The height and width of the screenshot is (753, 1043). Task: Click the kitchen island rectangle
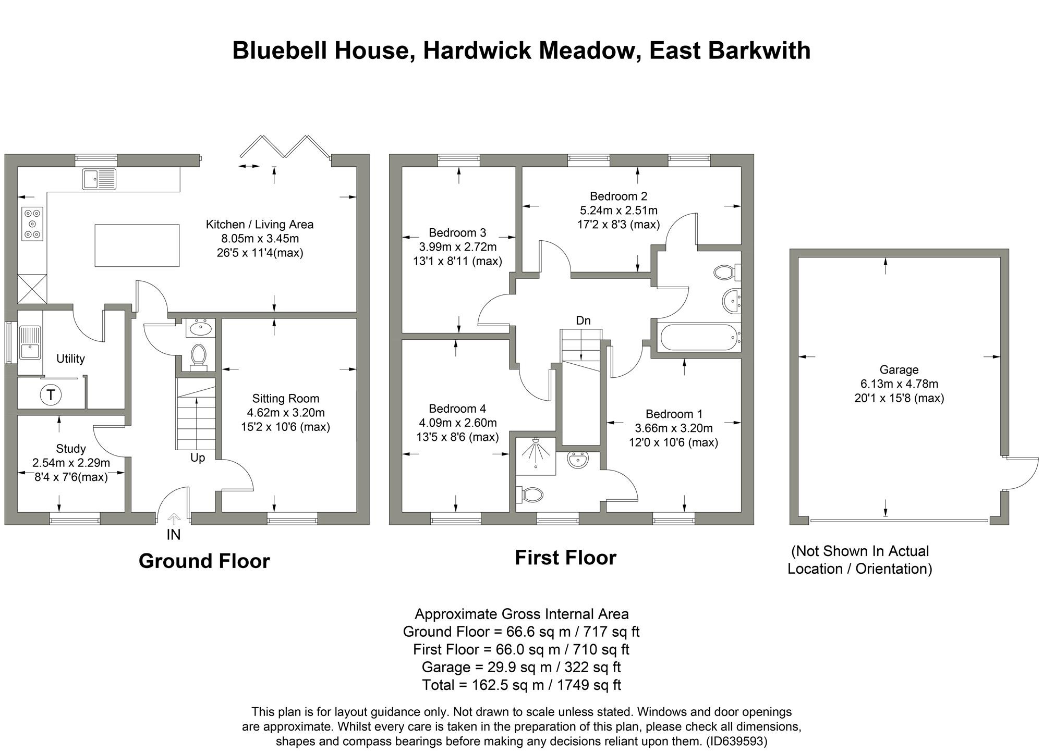pos(137,245)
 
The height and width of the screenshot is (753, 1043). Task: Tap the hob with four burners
pos(32,224)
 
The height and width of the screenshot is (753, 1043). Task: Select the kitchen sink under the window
pos(99,179)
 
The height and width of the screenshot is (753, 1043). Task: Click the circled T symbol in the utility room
pos(51,395)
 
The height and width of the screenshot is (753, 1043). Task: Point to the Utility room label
pos(70,359)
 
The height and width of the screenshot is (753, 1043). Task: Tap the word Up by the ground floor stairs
pos(198,458)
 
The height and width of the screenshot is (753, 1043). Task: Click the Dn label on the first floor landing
pos(583,320)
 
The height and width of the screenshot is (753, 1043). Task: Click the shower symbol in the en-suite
pos(535,452)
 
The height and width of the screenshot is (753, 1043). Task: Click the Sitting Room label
pos(285,399)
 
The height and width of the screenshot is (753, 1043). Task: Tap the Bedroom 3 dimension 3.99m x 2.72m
pos(457,247)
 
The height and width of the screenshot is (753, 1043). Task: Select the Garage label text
pos(899,370)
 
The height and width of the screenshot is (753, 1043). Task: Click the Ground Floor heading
pos(204,561)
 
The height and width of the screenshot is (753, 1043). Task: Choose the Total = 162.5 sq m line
pos(521,685)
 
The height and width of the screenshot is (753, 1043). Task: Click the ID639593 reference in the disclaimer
pos(736,741)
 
